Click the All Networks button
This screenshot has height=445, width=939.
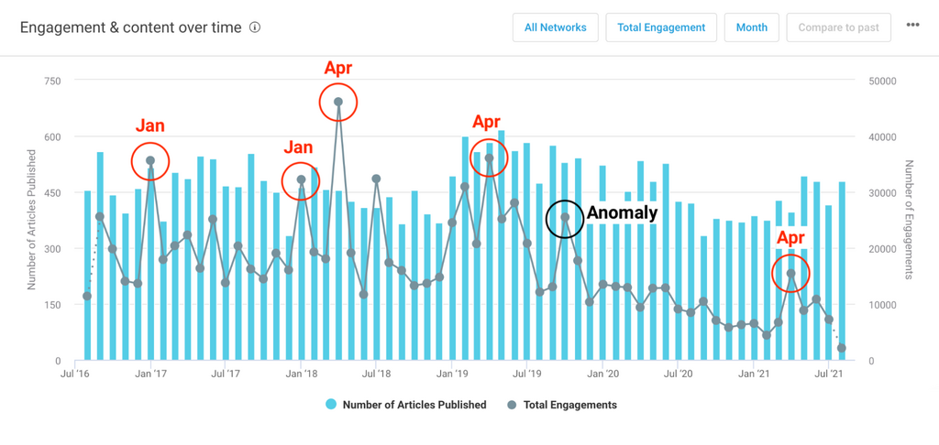point(555,27)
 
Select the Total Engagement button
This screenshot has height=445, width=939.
point(661,27)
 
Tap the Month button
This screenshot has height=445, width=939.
point(752,27)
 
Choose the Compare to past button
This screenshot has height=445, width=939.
point(838,27)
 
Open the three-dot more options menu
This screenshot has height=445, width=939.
point(912,26)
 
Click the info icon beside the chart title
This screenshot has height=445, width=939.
point(255,27)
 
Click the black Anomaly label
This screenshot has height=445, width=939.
point(622,213)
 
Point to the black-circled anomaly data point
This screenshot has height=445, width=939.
point(566,218)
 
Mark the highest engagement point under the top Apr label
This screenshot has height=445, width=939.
point(338,103)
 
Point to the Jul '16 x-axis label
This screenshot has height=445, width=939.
point(74,374)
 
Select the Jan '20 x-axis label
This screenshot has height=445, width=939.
point(602,374)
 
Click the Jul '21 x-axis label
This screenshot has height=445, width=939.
point(829,374)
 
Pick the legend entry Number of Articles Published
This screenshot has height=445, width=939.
point(414,405)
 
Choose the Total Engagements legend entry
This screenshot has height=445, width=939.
point(569,405)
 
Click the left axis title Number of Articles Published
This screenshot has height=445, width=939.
point(31,220)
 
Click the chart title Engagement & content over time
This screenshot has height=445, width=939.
point(131,27)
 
